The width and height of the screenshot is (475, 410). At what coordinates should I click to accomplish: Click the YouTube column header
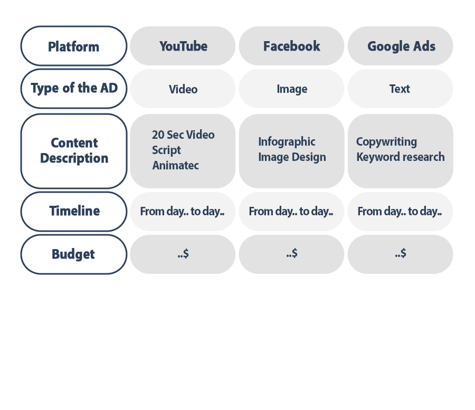(183, 46)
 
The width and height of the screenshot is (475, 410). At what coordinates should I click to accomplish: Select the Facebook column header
(291, 46)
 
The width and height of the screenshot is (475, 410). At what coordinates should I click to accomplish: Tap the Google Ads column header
(401, 46)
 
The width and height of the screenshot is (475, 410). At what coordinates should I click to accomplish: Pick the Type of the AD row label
(73, 88)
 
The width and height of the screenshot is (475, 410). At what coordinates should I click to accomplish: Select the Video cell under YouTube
(183, 89)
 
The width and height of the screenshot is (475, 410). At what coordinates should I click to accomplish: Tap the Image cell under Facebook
(292, 89)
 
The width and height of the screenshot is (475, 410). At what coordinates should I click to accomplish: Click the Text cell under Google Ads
(400, 89)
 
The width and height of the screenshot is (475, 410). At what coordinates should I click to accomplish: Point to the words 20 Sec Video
(183, 135)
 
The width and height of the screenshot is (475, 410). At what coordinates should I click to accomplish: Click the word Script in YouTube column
(166, 150)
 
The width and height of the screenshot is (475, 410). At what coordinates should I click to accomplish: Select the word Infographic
(287, 141)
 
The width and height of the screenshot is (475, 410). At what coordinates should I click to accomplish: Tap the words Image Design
(292, 157)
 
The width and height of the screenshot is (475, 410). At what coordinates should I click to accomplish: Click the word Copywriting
(386, 141)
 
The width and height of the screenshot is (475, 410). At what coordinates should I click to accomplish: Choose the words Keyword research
(400, 157)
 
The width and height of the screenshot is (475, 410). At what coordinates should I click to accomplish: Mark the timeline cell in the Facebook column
(291, 212)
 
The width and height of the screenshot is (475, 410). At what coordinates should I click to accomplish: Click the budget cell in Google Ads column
(400, 254)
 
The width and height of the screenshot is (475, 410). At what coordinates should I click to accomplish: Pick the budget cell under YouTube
(183, 254)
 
